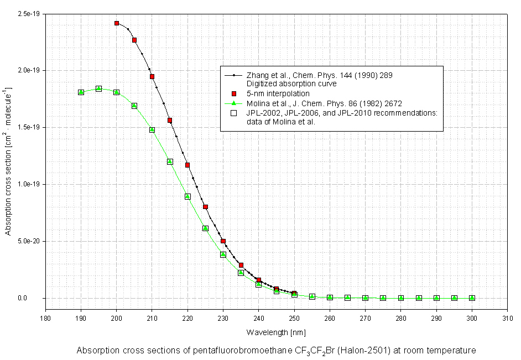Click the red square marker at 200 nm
click(117, 23)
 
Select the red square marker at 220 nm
click(187, 165)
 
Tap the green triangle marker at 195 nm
click(98, 88)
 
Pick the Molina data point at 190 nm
click(81, 92)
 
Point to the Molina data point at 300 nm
click(472, 298)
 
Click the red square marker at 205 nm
click(134, 40)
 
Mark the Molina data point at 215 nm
click(170, 161)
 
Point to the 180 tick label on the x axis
click(45, 317)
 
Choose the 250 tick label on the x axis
click(294, 317)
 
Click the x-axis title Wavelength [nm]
click(276, 332)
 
